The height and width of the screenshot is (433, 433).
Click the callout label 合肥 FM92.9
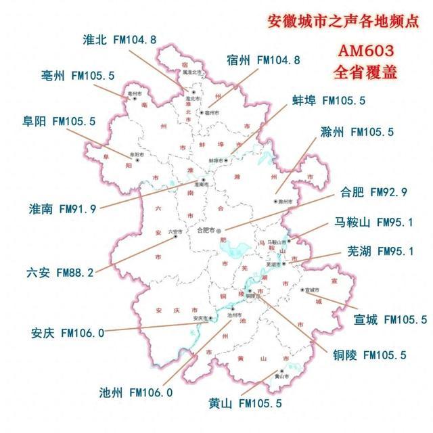coord(374,193)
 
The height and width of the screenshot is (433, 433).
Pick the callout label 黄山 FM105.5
coord(246,404)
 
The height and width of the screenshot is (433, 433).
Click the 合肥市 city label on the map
coord(206,230)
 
